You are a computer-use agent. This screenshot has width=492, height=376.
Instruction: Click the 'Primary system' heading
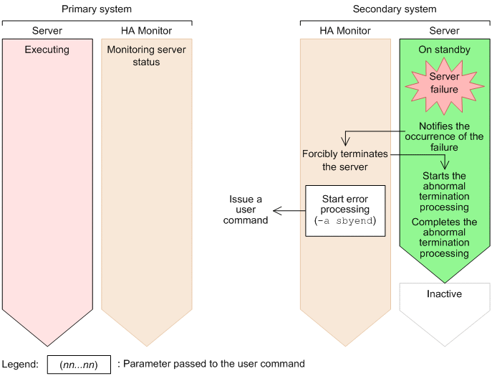click(x=97, y=9)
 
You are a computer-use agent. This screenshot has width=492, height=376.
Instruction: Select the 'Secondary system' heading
click(x=395, y=9)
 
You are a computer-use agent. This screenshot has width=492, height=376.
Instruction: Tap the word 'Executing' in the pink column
click(x=47, y=50)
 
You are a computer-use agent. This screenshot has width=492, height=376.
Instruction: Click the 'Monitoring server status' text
click(x=146, y=56)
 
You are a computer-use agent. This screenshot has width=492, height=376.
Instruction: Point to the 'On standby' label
click(x=444, y=50)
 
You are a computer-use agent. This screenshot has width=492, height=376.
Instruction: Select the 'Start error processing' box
click(x=345, y=211)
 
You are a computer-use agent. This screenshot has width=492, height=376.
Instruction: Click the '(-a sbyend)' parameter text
click(x=345, y=221)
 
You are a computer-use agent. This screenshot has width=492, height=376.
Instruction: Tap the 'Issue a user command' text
click(x=246, y=210)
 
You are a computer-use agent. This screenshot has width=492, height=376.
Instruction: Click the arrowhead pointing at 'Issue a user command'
click(x=276, y=211)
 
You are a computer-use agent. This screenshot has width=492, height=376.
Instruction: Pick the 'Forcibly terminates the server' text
click(x=345, y=160)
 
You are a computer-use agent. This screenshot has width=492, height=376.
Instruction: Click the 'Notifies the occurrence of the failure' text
click(x=444, y=136)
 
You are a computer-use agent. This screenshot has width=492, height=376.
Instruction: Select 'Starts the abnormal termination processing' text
click(x=444, y=191)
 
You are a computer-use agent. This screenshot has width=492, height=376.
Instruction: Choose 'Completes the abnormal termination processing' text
click(x=444, y=238)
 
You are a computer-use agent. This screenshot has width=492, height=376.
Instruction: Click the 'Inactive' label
click(x=444, y=293)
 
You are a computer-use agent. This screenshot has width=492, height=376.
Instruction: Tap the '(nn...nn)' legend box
click(x=79, y=365)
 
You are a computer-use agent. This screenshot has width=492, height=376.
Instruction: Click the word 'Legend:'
click(x=20, y=365)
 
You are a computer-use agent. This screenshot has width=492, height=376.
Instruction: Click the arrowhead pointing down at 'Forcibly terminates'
click(x=345, y=142)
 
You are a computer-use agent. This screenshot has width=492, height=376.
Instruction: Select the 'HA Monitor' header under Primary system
click(x=146, y=30)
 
